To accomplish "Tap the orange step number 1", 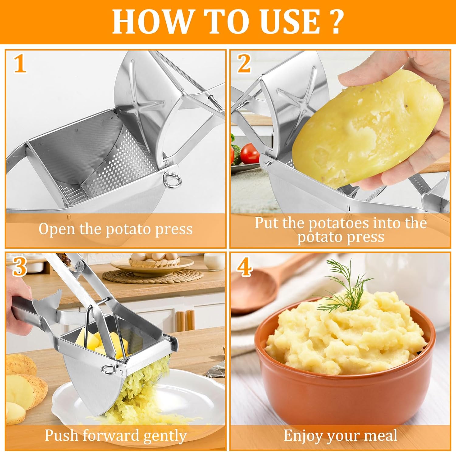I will (20, 64).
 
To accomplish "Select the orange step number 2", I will (244, 64).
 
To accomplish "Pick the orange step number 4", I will (244, 267).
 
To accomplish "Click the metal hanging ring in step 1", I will (172, 180).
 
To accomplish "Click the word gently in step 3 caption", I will (164, 436).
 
